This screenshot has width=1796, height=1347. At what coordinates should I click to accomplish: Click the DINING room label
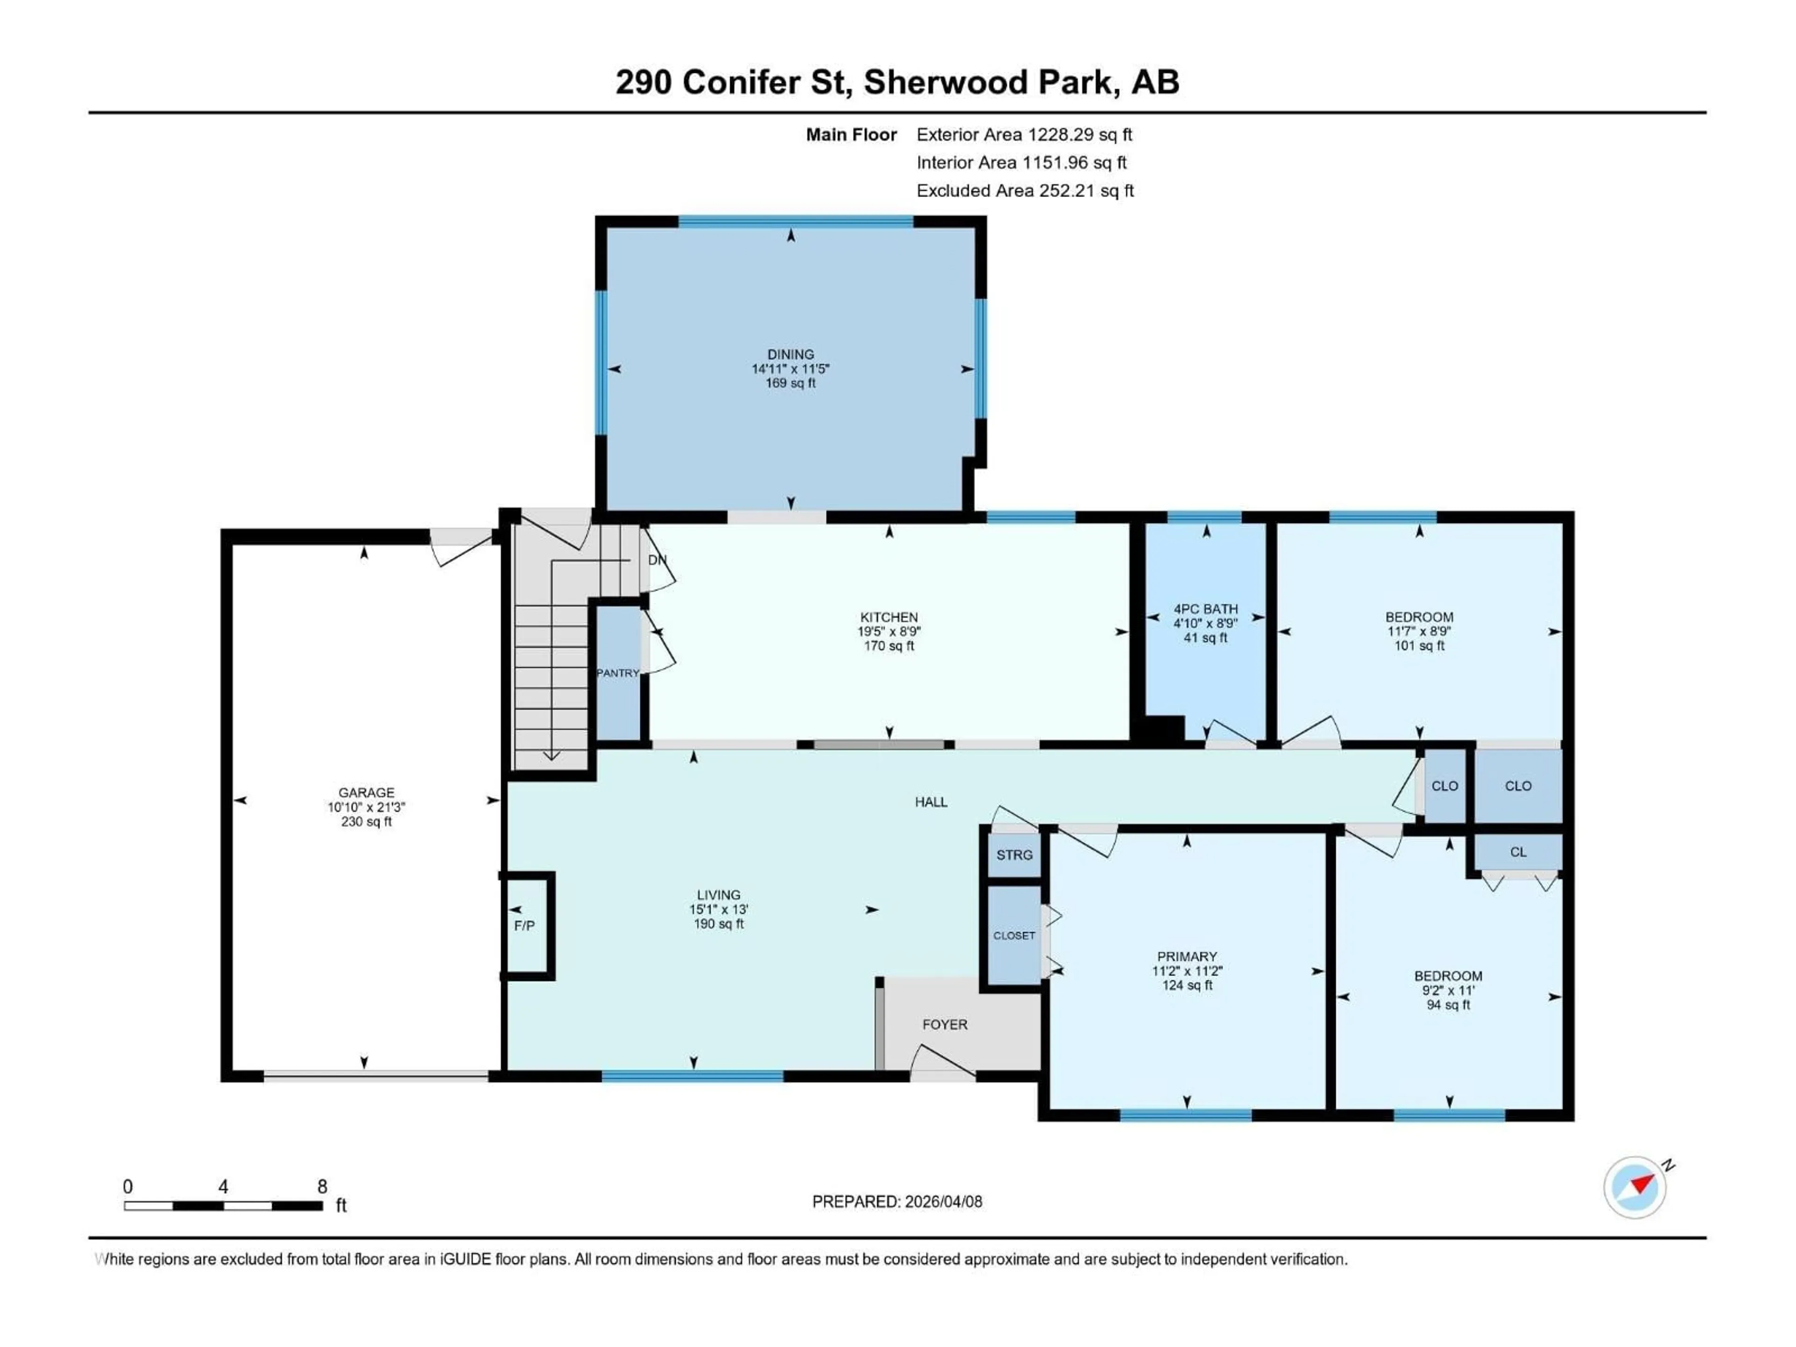(790, 354)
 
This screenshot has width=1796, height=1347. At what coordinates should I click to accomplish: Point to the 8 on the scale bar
(322, 1186)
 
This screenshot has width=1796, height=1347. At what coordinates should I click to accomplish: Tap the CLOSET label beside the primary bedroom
(1014, 935)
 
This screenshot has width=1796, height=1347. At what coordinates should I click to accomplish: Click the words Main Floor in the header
(851, 135)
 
